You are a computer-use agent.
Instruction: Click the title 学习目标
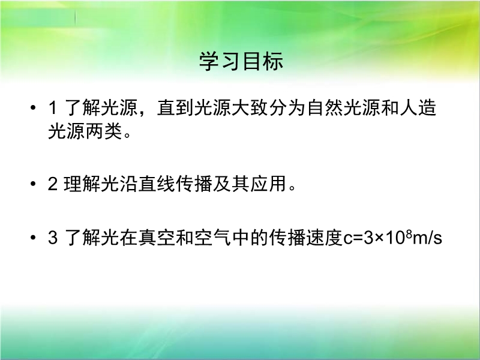[241, 61]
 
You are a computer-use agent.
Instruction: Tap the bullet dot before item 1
[33, 107]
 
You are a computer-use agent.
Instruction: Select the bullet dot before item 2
[33, 184]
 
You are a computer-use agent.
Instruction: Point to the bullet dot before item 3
[33, 237]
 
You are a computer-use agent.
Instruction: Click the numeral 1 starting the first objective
[52, 108]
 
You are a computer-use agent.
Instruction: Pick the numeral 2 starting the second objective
[53, 184]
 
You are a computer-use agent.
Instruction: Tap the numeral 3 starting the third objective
[53, 238]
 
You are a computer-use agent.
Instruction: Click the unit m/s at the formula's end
[427, 238]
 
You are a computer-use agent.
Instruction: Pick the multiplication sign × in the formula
[379, 238]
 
